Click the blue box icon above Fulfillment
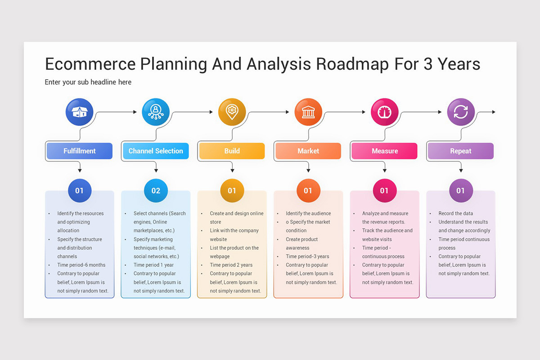click(x=79, y=112)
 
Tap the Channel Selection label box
click(x=156, y=151)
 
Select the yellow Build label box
click(x=232, y=151)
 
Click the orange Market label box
click(x=308, y=151)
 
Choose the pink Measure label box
click(x=384, y=151)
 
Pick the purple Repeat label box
click(x=460, y=151)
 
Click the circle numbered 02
click(x=156, y=191)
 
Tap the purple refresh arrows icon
click(x=461, y=112)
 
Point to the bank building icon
click(x=308, y=112)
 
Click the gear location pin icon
click(x=232, y=112)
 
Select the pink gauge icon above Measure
click(x=384, y=112)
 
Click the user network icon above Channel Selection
click(x=156, y=112)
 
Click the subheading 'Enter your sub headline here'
click(x=88, y=82)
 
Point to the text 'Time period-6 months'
click(x=81, y=265)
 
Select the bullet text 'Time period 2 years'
click(x=231, y=265)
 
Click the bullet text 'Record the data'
click(x=456, y=213)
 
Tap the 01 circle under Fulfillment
click(x=79, y=191)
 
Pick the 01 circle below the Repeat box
click(x=461, y=191)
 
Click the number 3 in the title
click(x=427, y=64)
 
